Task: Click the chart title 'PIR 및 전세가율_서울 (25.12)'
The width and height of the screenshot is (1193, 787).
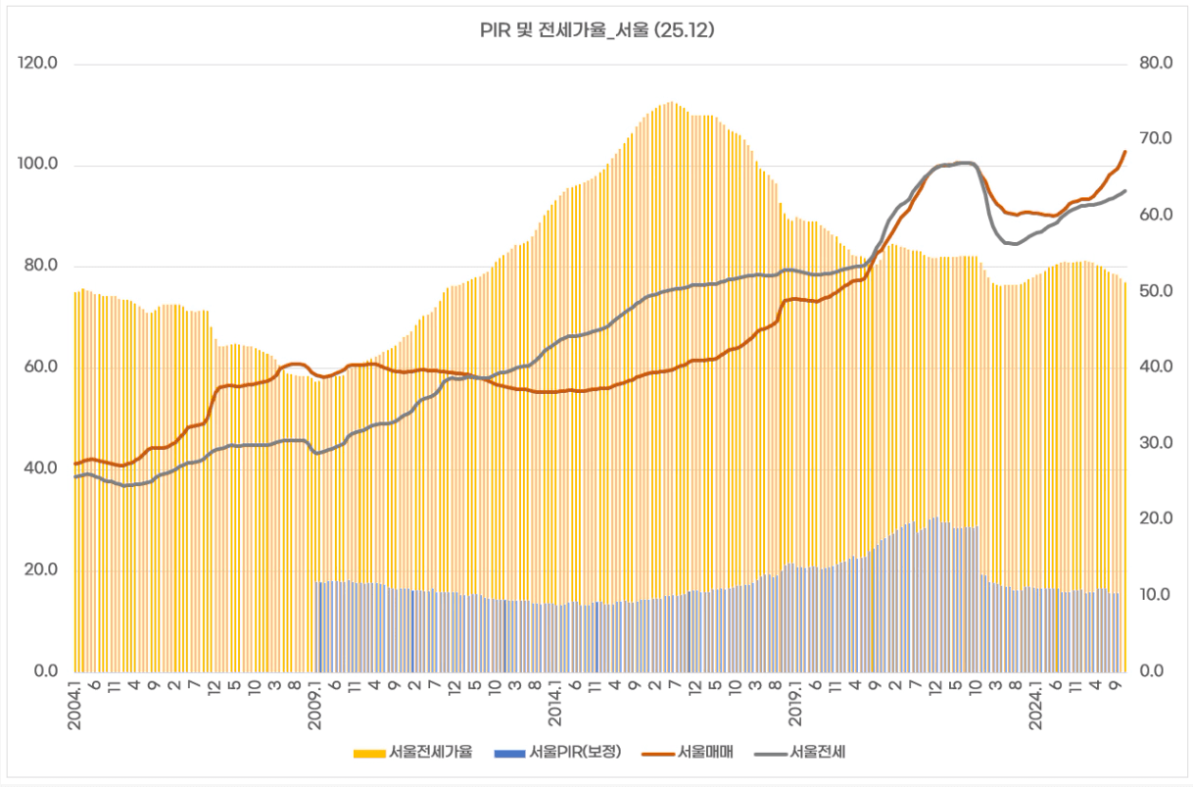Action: tap(596, 31)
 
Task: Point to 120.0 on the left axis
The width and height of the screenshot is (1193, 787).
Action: tap(39, 64)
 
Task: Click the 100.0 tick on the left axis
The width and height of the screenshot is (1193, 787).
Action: tap(39, 165)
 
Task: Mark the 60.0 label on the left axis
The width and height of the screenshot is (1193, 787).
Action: tap(39, 368)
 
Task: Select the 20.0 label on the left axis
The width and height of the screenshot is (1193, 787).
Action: tap(39, 570)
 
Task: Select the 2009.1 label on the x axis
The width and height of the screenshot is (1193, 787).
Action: tap(316, 701)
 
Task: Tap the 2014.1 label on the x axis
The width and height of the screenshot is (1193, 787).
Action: tap(556, 701)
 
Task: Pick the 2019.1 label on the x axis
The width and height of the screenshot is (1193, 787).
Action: tap(796, 701)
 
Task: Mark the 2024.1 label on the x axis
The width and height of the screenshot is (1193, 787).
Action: tap(1036, 701)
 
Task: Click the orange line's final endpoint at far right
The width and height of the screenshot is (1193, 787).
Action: tap(1125, 152)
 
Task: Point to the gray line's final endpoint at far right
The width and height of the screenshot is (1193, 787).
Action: tap(1125, 191)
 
